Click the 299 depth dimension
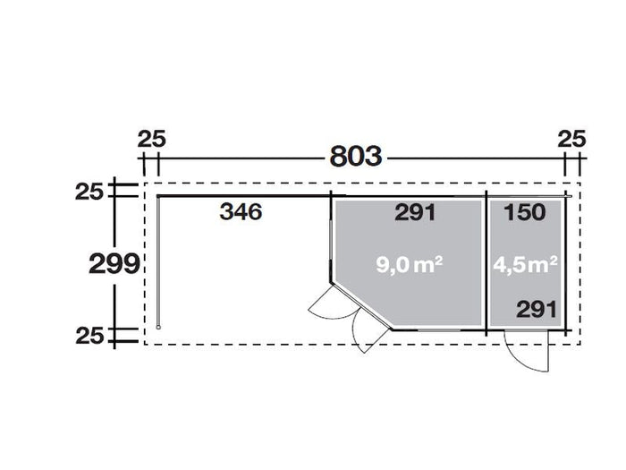click(x=113, y=264)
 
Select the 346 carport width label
click(x=240, y=213)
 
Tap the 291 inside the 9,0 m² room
click(x=413, y=213)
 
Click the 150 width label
click(x=525, y=213)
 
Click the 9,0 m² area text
click(x=410, y=264)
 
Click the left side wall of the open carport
click(x=158, y=260)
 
